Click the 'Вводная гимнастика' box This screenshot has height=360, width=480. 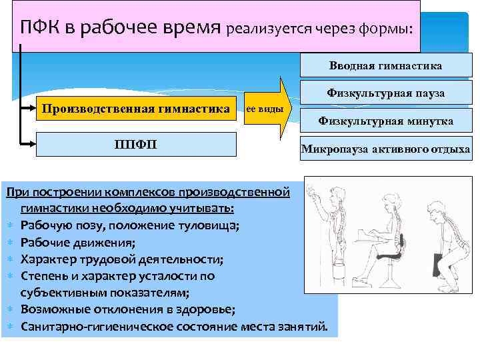click(x=385, y=66)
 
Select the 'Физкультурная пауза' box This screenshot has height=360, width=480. click(x=385, y=93)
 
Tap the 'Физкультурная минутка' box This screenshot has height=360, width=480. click(x=385, y=121)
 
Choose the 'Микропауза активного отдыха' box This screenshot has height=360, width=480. click(x=386, y=148)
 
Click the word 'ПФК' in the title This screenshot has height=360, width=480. click(x=41, y=28)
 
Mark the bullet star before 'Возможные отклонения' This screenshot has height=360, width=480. click(x=11, y=310)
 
